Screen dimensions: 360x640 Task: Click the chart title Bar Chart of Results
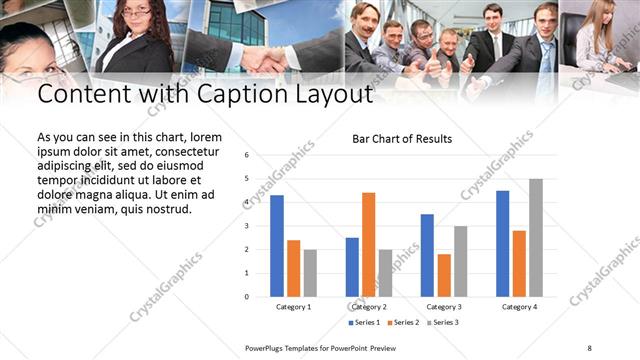[x=401, y=139]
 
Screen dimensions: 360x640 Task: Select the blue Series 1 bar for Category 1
[x=277, y=245]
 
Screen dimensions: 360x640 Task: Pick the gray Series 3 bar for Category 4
[x=536, y=237]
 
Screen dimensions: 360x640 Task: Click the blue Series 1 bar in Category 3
[x=427, y=255]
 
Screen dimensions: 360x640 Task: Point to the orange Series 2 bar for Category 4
[x=519, y=263]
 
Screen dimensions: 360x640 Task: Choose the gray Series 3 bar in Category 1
[x=310, y=273]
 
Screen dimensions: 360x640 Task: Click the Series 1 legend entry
[x=364, y=323]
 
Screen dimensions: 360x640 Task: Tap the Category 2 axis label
[x=369, y=306]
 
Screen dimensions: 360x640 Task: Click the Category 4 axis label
[x=519, y=306]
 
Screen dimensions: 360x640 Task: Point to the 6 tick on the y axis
[x=246, y=156]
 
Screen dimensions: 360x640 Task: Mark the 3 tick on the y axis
[x=246, y=226]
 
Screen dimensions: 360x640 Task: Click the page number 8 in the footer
[x=589, y=347]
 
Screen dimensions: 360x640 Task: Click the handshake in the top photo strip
[x=264, y=60]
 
